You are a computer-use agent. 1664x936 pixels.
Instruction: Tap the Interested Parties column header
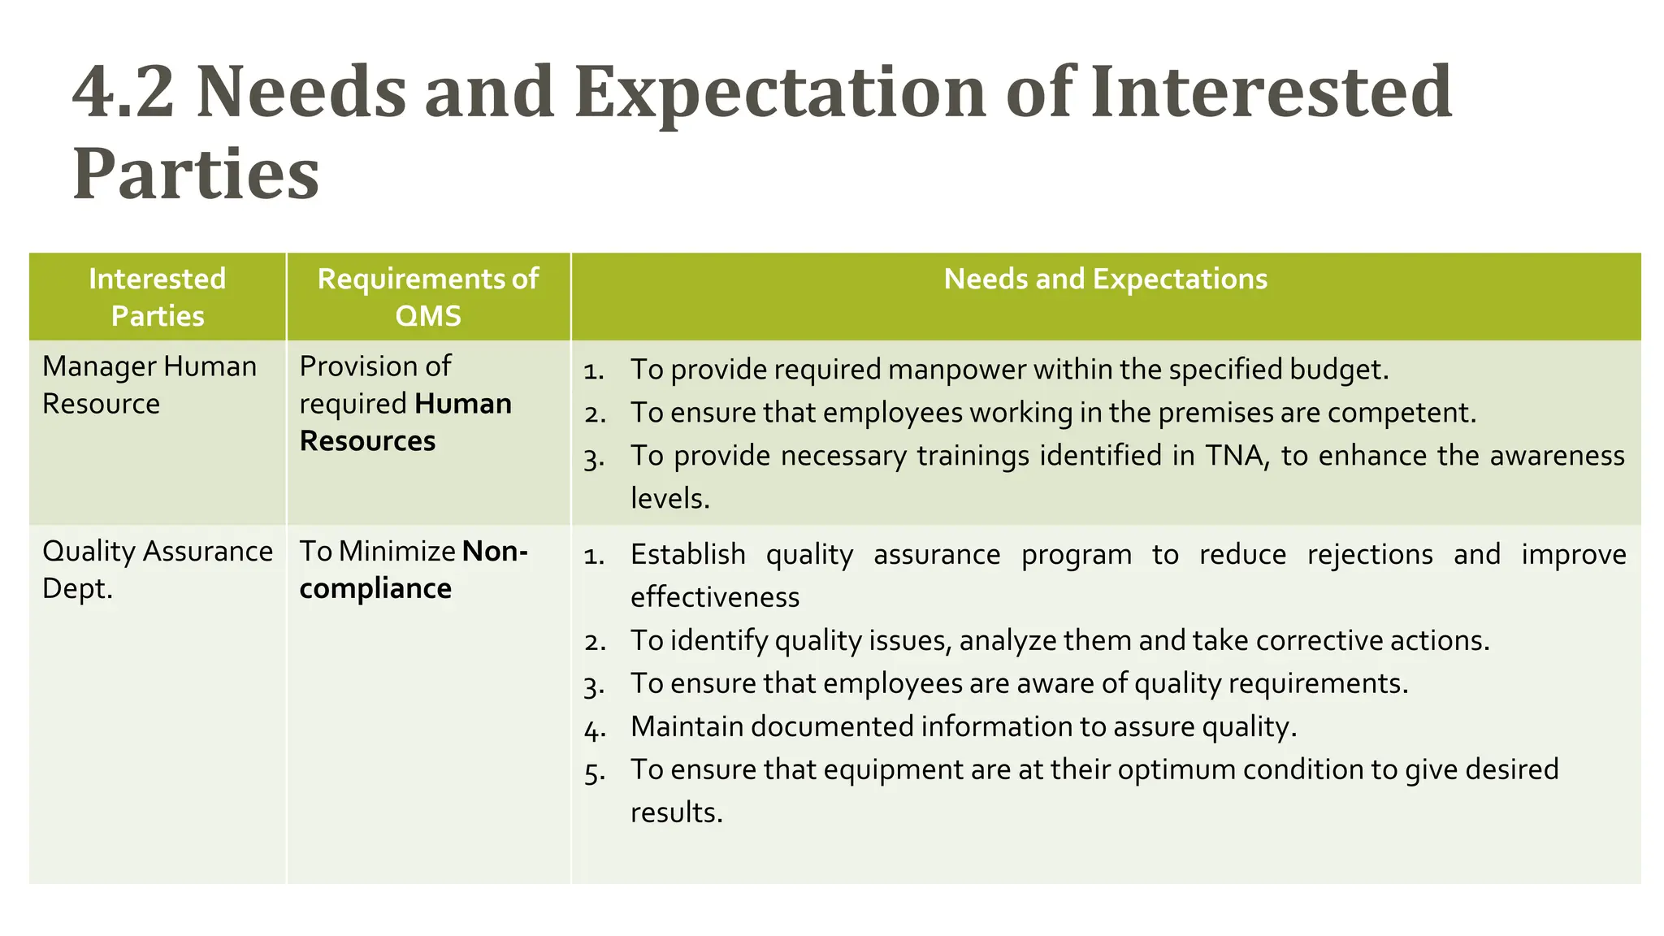(157, 297)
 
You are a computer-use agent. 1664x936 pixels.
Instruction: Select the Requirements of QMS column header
(427, 297)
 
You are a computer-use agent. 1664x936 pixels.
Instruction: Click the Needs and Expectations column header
(1105, 279)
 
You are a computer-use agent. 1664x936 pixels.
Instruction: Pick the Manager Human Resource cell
(149, 384)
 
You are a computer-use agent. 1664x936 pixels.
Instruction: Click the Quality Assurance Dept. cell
(157, 570)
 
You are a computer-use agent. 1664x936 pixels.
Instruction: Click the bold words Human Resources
(405, 422)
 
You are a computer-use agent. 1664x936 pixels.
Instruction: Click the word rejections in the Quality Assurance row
(1370, 555)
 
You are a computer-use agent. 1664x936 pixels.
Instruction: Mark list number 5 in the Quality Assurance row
(594, 772)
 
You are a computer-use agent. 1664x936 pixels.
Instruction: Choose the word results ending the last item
(675, 812)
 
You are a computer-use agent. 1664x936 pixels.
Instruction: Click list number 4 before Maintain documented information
(594, 729)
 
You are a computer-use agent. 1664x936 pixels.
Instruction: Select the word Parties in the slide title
(196, 175)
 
